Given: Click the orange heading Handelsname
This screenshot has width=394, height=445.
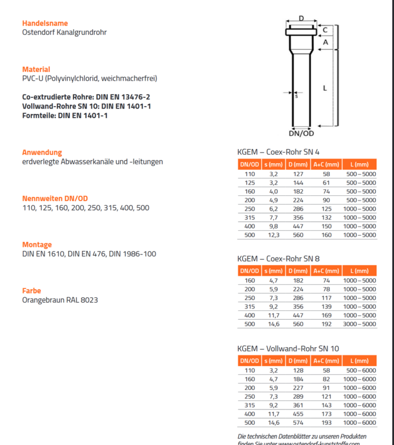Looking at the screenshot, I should (41, 23).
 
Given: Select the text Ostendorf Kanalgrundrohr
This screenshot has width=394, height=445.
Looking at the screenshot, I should (64, 33).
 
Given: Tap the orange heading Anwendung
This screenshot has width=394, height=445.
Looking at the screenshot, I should (42, 152).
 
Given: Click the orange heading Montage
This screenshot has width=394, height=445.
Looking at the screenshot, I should (37, 244).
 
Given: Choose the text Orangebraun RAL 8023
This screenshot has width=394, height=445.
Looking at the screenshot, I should (60, 300).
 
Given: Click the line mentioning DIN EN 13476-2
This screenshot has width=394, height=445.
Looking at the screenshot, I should (86, 96).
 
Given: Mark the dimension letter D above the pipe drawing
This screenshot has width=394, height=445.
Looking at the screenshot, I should (301, 19).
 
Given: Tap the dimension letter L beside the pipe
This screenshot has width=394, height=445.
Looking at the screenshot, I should (325, 88).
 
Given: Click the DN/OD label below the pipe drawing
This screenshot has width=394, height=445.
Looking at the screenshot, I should (301, 133).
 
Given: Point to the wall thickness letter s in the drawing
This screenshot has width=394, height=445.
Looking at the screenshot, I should (297, 96).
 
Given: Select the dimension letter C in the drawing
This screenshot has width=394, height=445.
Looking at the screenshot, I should (325, 29).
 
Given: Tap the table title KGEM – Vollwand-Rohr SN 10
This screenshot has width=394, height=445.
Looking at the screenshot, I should (287, 348).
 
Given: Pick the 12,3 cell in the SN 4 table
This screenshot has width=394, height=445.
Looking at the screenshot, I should (273, 235).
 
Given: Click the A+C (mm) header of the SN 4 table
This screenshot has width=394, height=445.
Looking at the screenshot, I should (326, 164).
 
